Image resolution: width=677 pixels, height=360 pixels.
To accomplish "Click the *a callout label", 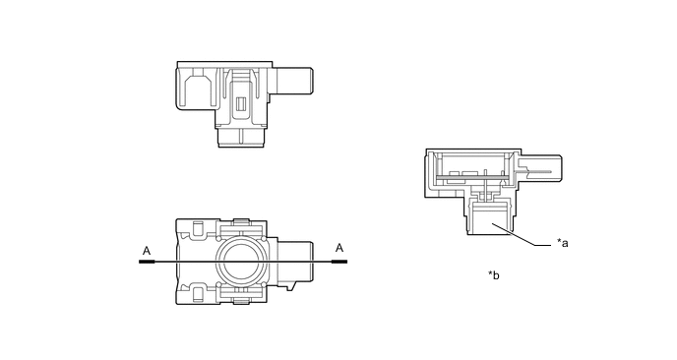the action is [563, 243].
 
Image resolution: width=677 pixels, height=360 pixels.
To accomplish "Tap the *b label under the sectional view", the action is [494, 275].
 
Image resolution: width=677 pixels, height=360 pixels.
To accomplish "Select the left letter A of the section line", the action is [147, 251].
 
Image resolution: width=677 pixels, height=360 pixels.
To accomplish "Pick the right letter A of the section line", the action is [339, 248].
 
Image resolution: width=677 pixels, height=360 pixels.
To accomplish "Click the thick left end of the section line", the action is [147, 262].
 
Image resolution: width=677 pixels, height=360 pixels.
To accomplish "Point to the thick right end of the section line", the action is [339, 262].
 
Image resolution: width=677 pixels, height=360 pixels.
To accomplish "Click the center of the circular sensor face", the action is [241, 262].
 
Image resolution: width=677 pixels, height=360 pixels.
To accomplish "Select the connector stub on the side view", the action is [294, 81].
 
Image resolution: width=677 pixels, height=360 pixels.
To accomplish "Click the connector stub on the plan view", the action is [295, 262].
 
